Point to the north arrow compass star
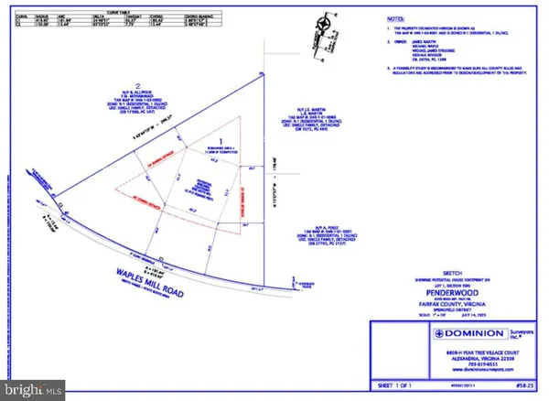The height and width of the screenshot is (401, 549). pyautogui.click(x=321, y=24)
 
